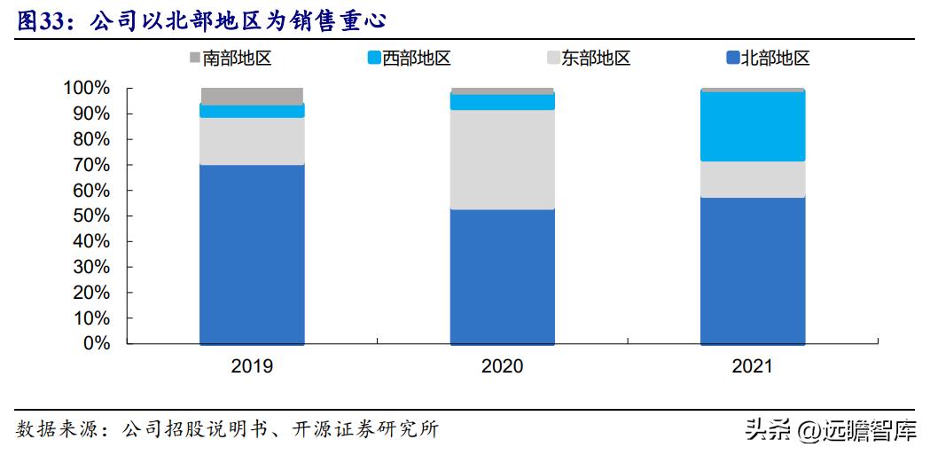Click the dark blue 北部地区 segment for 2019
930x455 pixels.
coord(252,254)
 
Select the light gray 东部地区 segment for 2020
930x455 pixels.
coord(502,160)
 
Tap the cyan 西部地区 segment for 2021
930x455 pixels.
coord(753,126)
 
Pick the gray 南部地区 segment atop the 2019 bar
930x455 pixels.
coord(252,96)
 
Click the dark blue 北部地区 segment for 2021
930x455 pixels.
coord(753,270)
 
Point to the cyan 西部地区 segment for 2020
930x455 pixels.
coord(502,102)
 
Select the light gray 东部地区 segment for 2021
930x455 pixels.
coord(753,179)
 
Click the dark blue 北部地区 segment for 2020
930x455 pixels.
coord(502,276)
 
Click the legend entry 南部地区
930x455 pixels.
coord(229,59)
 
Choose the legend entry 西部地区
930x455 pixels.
coord(409,59)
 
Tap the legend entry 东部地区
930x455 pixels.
coord(589,59)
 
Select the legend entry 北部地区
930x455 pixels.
coord(768,59)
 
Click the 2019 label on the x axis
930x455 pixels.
coord(252,366)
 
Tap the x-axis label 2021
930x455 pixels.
coord(753,366)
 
